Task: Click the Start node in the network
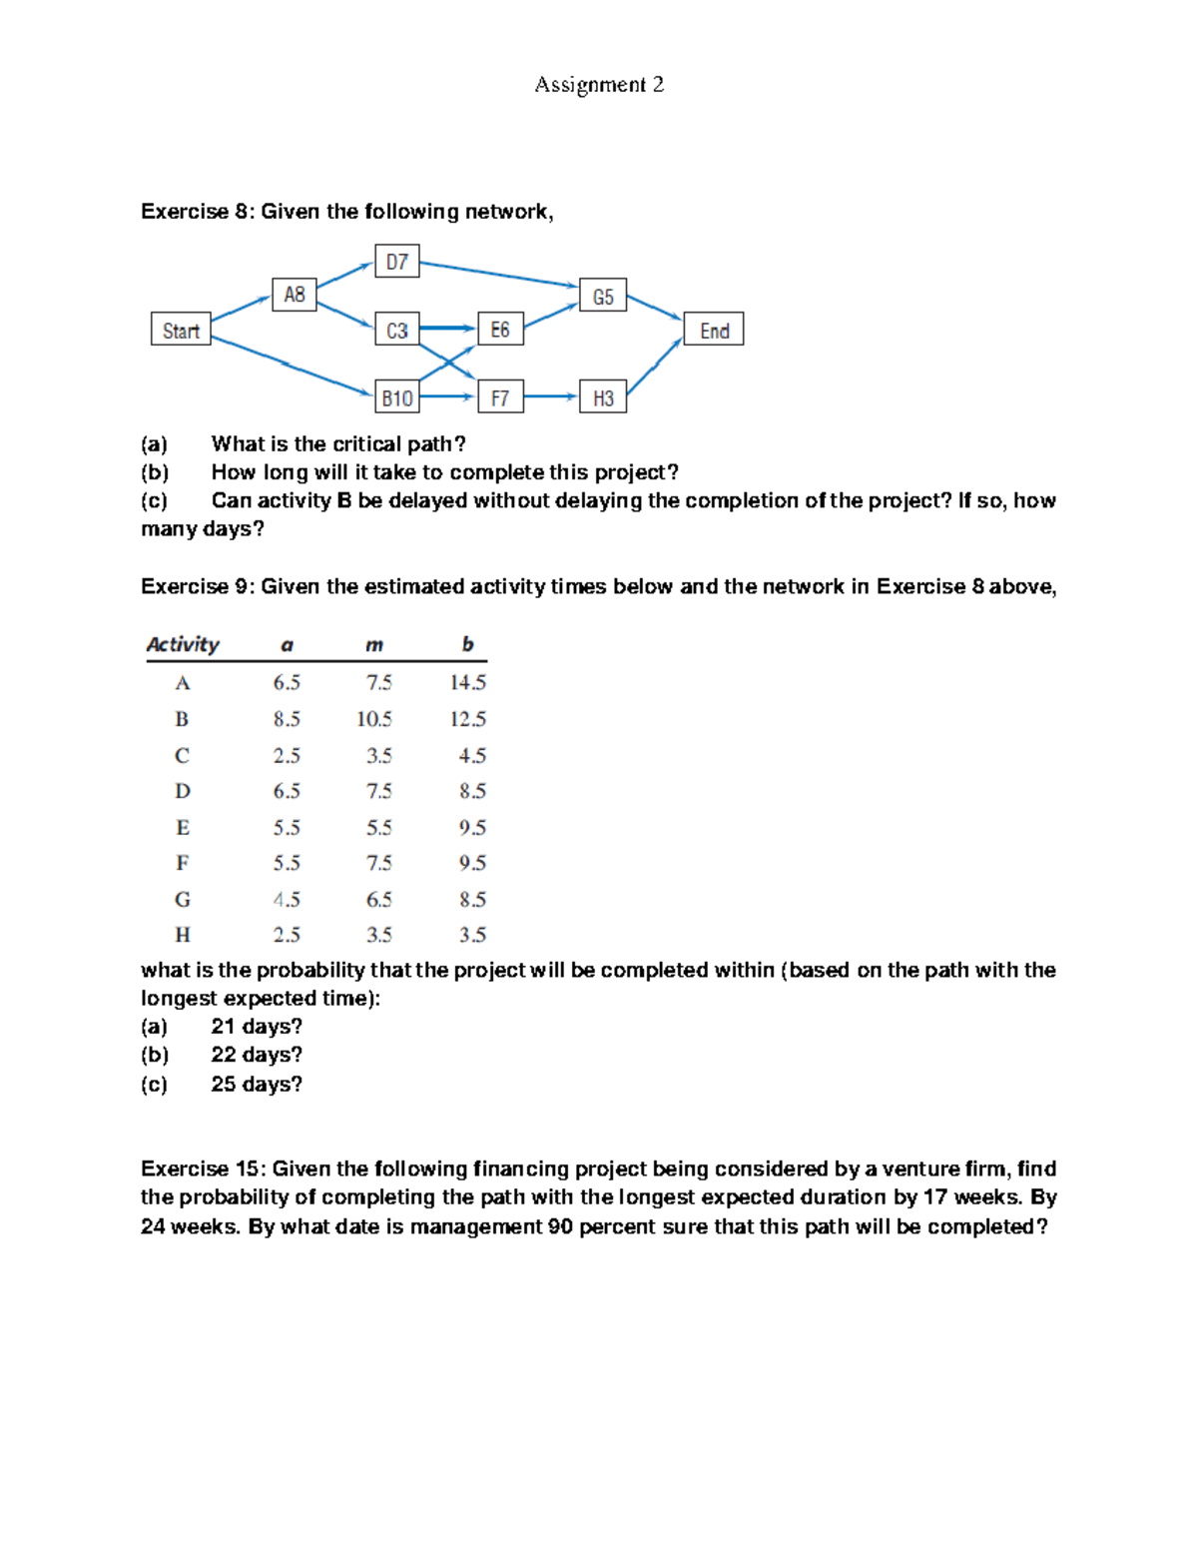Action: (181, 330)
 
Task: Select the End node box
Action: (714, 330)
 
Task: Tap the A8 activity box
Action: (295, 295)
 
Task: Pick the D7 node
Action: (397, 262)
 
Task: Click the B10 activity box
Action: (397, 397)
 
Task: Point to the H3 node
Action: (603, 397)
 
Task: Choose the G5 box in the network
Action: (603, 297)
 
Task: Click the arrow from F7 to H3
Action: (551, 396)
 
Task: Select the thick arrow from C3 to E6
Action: (448, 328)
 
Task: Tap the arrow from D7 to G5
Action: (499, 275)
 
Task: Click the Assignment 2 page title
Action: (599, 85)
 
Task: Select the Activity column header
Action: (183, 644)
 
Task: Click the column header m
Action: (374, 645)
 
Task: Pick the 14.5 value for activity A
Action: (467, 682)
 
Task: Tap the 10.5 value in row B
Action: (374, 719)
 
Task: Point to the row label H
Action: (183, 935)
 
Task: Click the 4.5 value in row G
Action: (287, 900)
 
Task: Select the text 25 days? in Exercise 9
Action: (257, 1084)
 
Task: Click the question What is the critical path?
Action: (338, 443)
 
